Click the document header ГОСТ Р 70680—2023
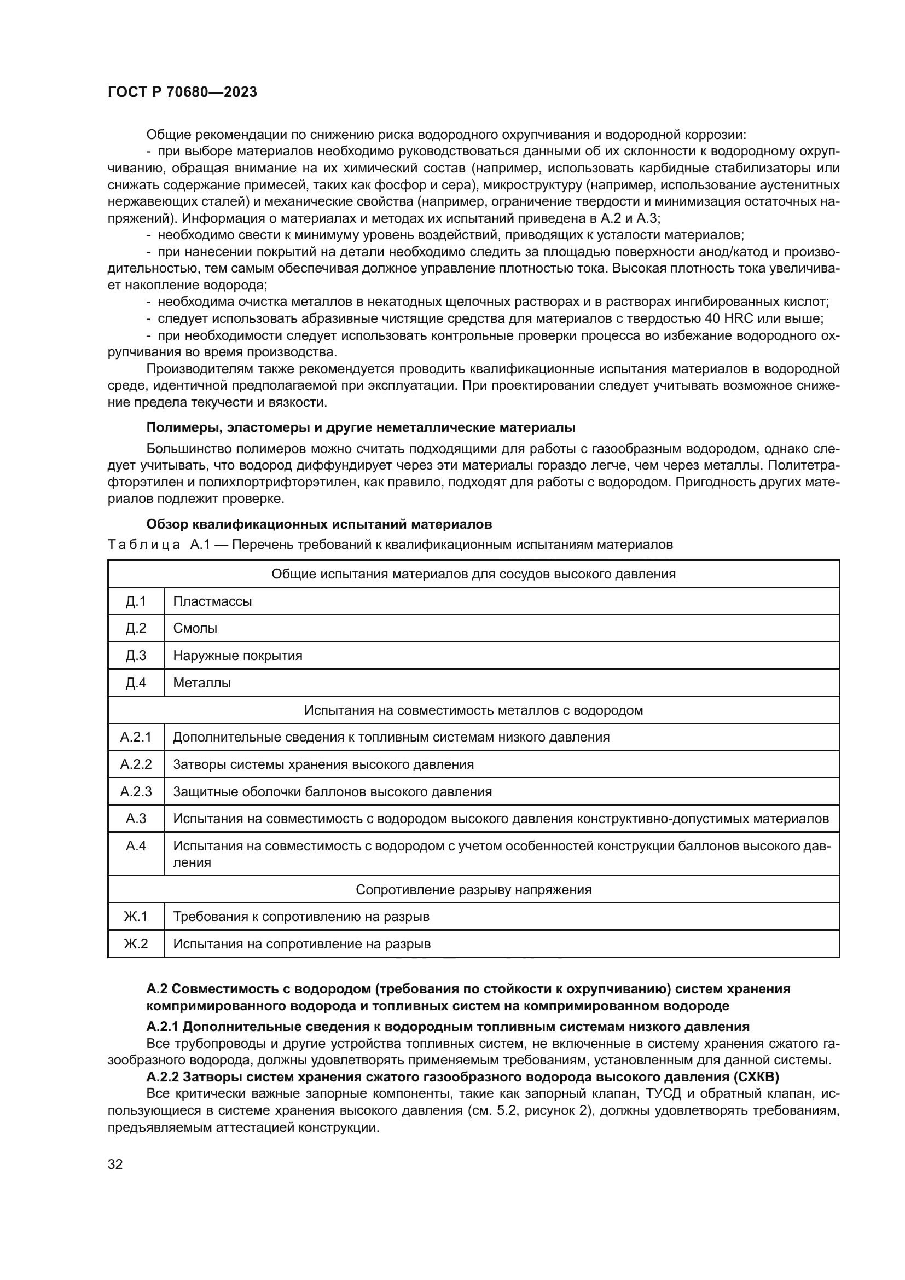(182, 92)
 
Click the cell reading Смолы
(195, 628)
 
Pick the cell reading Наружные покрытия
(237, 656)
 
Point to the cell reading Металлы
(202, 683)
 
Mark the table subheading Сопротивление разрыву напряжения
(473, 890)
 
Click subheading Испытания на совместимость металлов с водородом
(473, 710)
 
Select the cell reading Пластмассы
(212, 601)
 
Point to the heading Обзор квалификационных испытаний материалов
(319, 524)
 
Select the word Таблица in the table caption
(143, 545)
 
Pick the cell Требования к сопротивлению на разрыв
(301, 917)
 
